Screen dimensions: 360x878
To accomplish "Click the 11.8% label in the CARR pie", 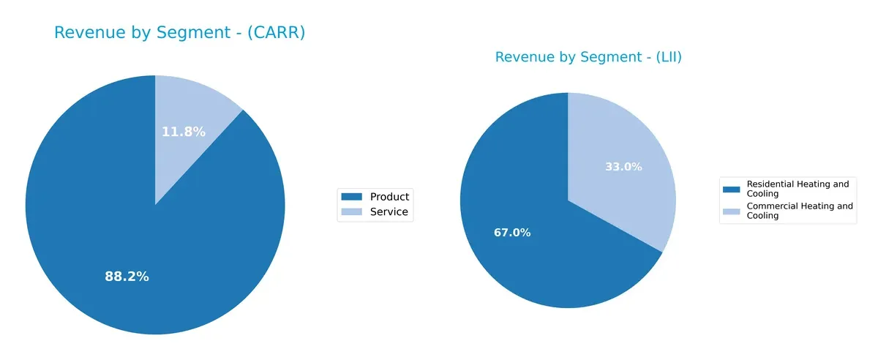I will pyautogui.click(x=183, y=132).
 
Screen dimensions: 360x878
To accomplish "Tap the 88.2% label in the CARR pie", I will pyautogui.click(x=127, y=277).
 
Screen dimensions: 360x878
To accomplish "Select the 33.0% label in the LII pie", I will pyautogui.click(x=623, y=167).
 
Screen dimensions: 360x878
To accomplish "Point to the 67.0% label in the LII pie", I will pyautogui.click(x=512, y=233).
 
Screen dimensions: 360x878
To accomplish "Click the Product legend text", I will pyautogui.click(x=389, y=196).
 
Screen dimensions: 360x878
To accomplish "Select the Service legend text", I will pyautogui.click(x=389, y=212).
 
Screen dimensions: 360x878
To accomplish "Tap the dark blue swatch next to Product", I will pyautogui.click(x=352, y=196).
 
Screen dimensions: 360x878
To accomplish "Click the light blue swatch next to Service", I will pyautogui.click(x=352, y=212).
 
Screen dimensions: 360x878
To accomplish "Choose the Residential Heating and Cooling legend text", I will pyautogui.click(x=798, y=189).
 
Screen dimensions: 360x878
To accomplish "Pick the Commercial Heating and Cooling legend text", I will pyautogui.click(x=799, y=211).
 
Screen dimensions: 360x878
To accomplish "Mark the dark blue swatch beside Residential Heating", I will pyautogui.click(x=731, y=189).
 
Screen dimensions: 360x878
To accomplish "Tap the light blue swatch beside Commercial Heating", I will pyautogui.click(x=731, y=211).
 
